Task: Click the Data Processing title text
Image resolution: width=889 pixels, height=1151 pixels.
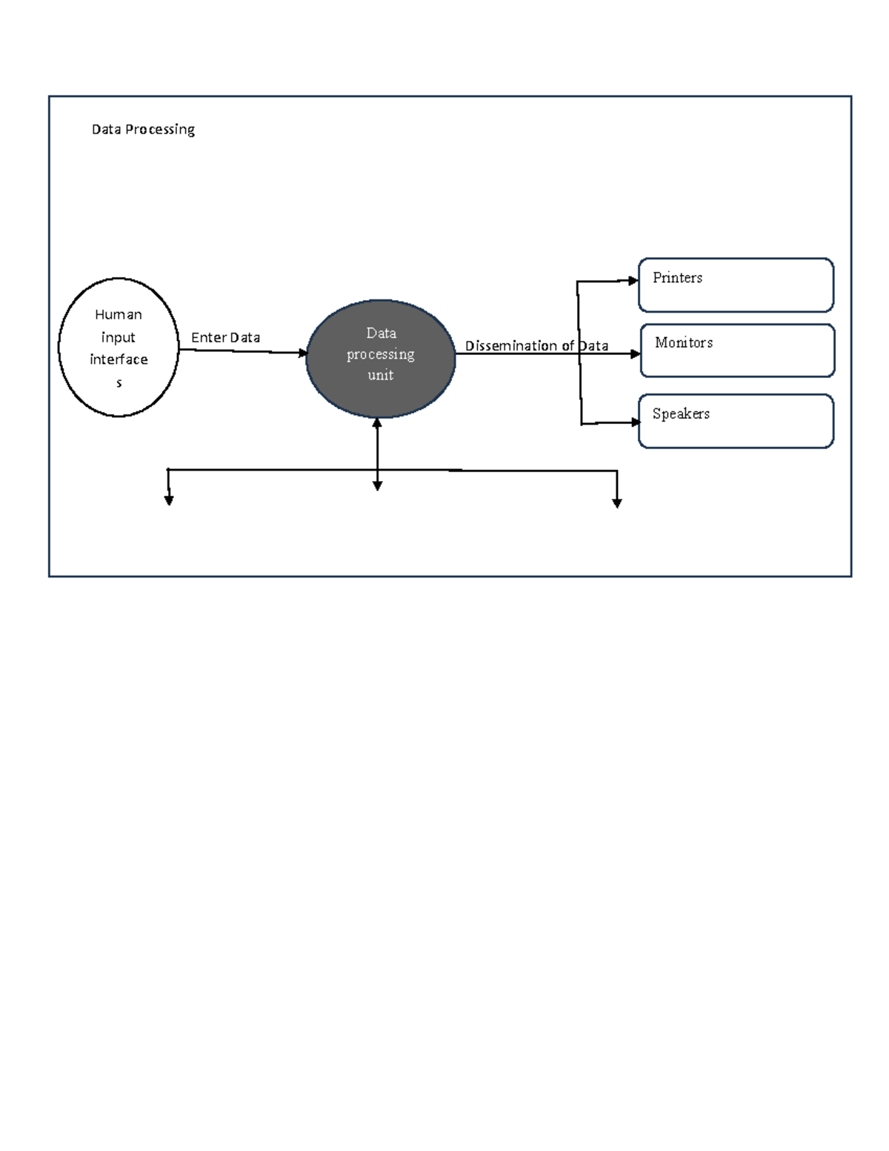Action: (143, 130)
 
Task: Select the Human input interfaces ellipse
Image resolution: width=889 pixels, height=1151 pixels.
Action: (119, 347)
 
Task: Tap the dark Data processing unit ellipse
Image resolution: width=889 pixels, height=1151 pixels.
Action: (380, 358)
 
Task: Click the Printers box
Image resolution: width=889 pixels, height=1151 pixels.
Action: (736, 285)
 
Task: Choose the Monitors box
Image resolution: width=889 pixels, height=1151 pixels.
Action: (737, 351)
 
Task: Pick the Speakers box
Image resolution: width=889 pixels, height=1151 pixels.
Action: (736, 421)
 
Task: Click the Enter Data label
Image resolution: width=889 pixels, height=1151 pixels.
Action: (225, 338)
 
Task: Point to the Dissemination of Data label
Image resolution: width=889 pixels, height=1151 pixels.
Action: (536, 346)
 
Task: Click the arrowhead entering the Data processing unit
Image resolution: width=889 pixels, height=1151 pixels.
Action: (303, 354)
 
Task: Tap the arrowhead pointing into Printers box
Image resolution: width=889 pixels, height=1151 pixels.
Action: (633, 280)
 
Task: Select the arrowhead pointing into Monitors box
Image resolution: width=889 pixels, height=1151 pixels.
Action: (635, 354)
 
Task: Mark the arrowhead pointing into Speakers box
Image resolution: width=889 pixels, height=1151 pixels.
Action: (635, 422)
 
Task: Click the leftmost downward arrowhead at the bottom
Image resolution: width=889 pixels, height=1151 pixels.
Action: (169, 501)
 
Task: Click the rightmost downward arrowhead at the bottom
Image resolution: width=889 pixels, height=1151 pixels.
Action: (616, 503)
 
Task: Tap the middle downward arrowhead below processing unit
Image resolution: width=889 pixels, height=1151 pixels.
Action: (378, 486)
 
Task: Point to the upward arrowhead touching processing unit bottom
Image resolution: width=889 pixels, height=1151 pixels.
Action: (377, 423)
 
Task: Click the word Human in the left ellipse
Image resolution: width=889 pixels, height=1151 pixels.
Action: (119, 315)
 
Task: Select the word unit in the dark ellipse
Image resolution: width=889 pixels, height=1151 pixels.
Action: (380, 376)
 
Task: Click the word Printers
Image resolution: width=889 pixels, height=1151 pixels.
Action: (677, 278)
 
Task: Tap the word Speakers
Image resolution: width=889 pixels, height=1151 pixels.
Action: (681, 414)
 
